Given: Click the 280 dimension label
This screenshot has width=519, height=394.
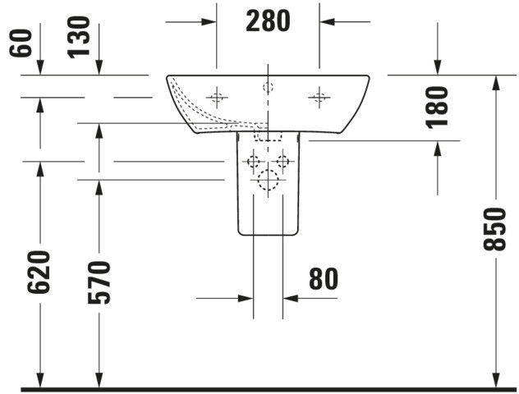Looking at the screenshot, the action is pos(268,21).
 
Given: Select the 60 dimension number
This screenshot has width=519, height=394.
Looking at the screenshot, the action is pos(21,44).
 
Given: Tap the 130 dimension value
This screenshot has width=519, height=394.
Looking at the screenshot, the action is pos(79,38).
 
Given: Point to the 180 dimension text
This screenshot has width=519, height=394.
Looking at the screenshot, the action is pos(437,108).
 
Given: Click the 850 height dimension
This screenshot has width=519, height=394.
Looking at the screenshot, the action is pos(495,229).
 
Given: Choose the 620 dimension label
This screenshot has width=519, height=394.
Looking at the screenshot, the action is pos(39,273).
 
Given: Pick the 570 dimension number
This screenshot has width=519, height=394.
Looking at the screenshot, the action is pos(99,282).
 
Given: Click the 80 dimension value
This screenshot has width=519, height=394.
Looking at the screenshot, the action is pos(324,279).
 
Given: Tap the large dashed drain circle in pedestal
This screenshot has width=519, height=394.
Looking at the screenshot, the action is pos(268,180).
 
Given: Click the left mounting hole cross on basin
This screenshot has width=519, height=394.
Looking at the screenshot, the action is pos(217,97).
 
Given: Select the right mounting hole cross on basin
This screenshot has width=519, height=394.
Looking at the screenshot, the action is pos(319,97).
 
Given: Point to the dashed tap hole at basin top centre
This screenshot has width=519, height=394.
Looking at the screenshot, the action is pos(268,87).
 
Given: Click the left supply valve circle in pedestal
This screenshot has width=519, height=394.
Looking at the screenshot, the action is pos(254,162).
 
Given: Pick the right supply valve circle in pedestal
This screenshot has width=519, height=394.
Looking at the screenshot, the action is pos(282,162).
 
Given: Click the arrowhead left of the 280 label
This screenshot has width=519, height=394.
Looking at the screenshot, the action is pos(209,22).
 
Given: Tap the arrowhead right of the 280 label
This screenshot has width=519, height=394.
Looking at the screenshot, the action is pos(327,22).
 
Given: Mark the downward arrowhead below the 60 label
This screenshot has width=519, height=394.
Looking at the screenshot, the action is pos(40,68).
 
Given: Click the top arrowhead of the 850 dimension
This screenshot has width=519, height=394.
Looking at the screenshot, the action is pos(495,83).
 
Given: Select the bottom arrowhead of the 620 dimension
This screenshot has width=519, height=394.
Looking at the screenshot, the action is pos(40,380).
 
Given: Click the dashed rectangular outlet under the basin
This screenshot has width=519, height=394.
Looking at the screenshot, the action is pos(268,136).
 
